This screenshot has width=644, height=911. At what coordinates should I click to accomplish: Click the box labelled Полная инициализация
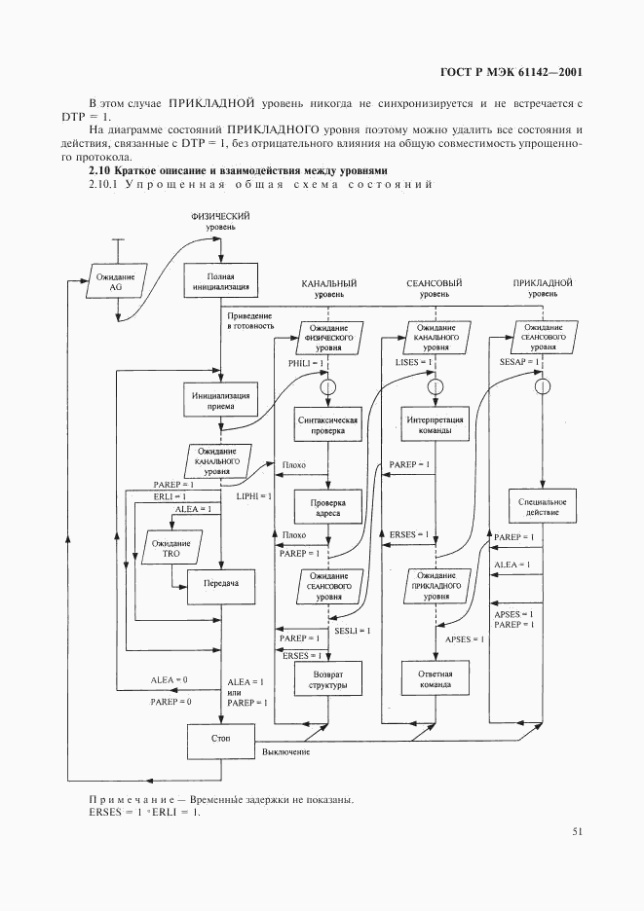tap(220, 282)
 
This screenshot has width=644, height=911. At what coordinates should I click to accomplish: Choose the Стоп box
tap(220, 741)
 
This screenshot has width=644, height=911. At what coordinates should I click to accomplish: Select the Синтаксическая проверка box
tap(327, 427)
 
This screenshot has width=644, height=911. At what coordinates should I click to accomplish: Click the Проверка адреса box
tap(327, 509)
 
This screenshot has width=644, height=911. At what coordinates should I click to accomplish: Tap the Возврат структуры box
tap(327, 678)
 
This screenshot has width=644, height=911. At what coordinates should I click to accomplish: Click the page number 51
tap(578, 832)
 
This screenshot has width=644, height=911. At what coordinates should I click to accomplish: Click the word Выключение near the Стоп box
tap(285, 753)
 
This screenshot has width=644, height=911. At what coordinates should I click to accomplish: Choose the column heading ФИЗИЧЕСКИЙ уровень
tap(220, 220)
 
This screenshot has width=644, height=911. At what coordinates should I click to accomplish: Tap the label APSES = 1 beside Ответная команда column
tap(464, 639)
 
